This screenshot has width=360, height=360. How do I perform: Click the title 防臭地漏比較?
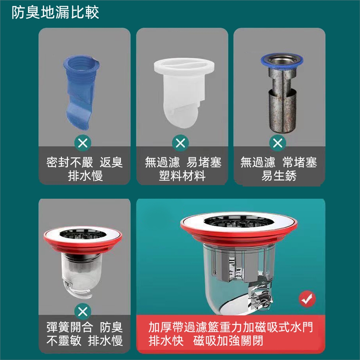point(55,12)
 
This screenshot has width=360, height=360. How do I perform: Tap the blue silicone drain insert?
point(81,92)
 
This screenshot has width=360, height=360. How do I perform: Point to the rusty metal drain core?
point(282,93)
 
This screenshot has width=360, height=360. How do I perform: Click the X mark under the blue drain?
point(83,143)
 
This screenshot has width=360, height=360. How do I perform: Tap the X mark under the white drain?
point(180,143)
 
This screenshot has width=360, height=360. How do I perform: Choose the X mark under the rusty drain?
point(278,143)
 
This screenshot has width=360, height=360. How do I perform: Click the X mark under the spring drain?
point(83,312)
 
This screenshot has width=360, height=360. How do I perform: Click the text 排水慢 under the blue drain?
point(85,176)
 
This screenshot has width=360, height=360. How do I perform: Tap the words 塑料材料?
point(182,176)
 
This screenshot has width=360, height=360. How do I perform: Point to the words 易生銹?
point(279,176)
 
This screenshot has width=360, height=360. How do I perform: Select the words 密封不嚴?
point(70,162)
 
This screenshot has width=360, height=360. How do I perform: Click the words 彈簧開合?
point(70,327)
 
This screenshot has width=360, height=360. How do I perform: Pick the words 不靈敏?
point(64,341)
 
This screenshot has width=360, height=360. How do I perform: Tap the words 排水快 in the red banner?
point(166,341)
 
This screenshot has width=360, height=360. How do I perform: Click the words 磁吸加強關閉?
point(228,341)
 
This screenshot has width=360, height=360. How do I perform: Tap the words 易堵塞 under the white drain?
point(204,162)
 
